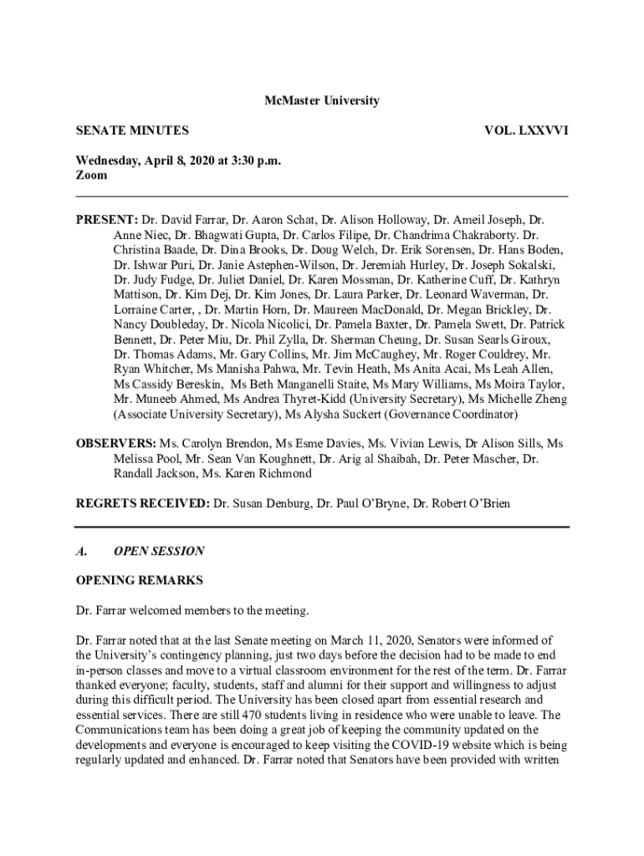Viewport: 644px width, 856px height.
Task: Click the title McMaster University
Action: [x=322, y=101]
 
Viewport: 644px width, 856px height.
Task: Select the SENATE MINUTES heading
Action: [x=132, y=130]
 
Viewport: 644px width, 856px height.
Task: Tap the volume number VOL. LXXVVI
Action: [x=527, y=130]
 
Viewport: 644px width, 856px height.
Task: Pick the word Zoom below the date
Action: [x=92, y=176]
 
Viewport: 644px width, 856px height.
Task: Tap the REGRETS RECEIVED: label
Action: [x=143, y=503]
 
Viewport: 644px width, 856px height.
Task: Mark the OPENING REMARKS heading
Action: [x=139, y=580]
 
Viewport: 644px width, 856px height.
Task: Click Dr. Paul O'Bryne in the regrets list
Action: [x=371, y=503]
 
